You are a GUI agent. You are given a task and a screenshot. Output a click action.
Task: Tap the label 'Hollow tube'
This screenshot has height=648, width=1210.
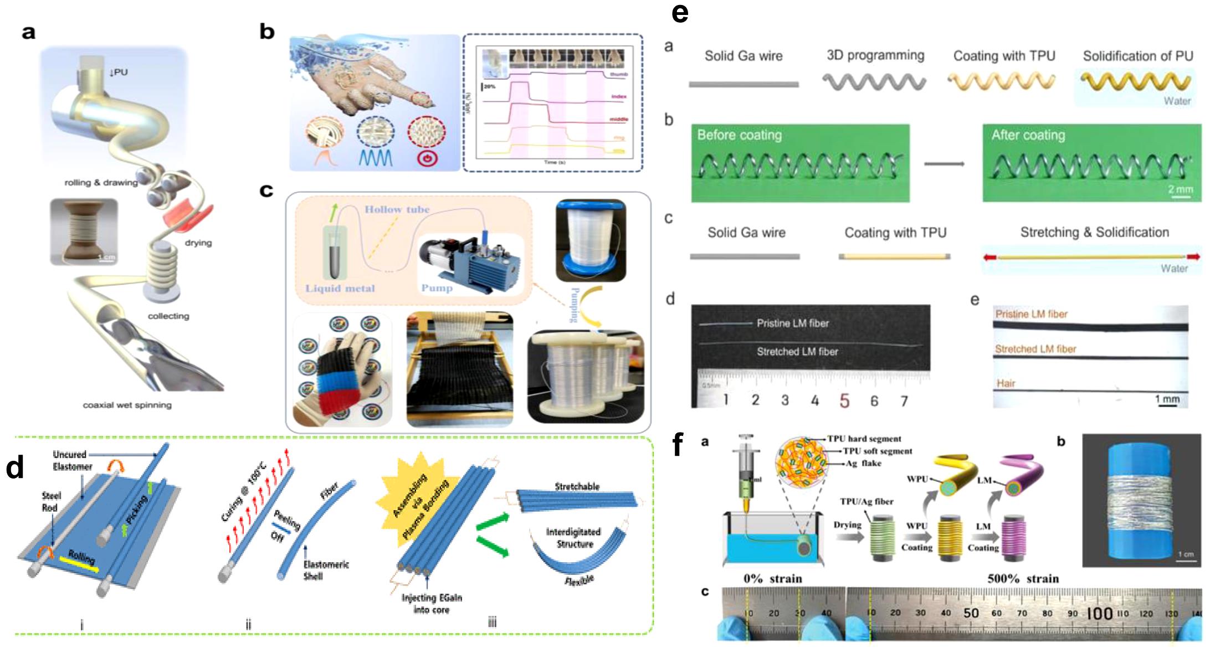click(x=397, y=209)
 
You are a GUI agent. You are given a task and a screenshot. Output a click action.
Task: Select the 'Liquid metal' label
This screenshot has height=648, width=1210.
click(x=340, y=288)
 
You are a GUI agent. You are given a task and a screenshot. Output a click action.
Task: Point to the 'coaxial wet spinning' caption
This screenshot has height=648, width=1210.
click(x=127, y=405)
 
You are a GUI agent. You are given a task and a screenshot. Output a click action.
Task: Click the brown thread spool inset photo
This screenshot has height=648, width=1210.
click(x=83, y=232)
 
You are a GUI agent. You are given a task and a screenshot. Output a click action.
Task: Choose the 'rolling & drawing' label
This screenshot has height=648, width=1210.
click(x=101, y=182)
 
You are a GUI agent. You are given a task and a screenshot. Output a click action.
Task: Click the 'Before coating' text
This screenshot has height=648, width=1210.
click(x=739, y=135)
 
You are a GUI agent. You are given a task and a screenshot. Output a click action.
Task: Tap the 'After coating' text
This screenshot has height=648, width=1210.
click(x=1028, y=135)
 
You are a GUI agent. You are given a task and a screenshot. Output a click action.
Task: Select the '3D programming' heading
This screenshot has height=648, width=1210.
click(x=875, y=55)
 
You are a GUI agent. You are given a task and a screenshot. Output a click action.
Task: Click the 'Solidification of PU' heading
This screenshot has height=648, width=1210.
click(x=1137, y=56)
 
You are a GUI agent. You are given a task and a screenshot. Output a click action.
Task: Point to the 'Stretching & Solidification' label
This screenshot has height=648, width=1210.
click(x=1094, y=233)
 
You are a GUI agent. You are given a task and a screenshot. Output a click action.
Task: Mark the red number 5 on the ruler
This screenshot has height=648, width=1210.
click(x=844, y=400)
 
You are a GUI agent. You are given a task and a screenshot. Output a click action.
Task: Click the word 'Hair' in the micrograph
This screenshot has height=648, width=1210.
click(x=1006, y=383)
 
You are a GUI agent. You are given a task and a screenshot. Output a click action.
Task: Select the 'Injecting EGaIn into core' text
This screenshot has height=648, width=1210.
click(x=432, y=604)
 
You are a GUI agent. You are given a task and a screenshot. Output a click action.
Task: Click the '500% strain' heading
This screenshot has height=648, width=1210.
click(x=1023, y=579)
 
